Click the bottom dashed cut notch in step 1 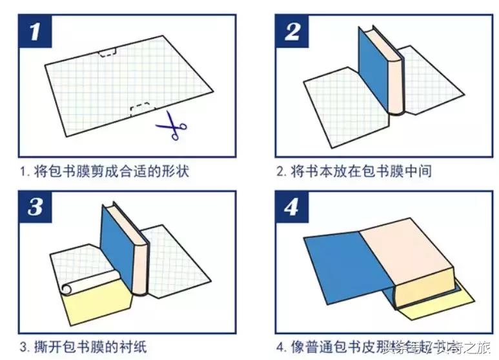142,109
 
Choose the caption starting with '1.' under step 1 104,172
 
